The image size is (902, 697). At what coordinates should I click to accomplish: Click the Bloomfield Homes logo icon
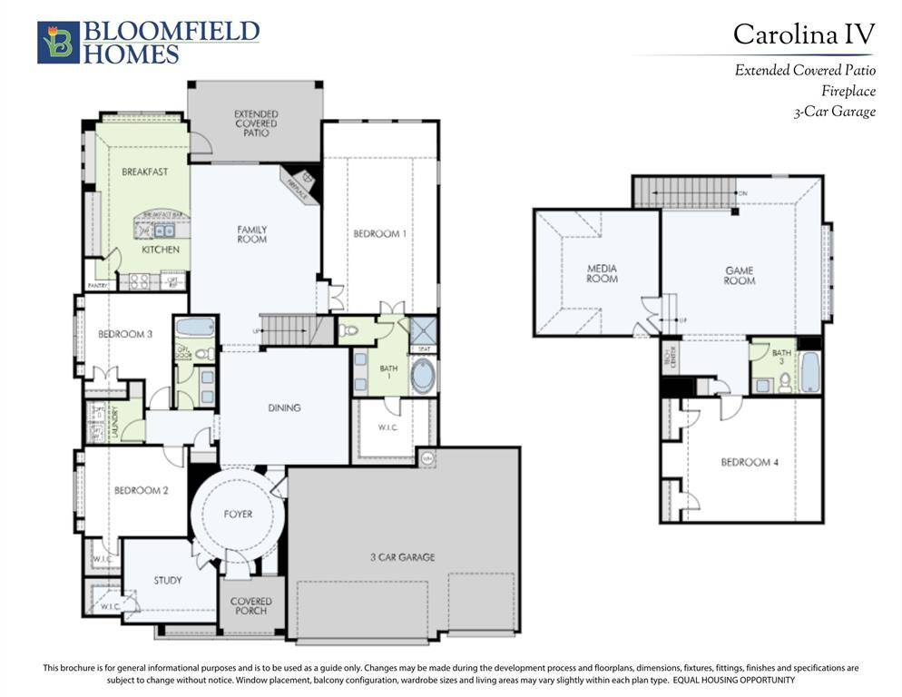tap(58, 43)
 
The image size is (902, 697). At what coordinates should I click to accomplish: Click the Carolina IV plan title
tap(803, 34)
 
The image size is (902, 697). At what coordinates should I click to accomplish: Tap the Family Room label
tap(251, 234)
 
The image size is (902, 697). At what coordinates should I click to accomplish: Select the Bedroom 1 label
tap(379, 234)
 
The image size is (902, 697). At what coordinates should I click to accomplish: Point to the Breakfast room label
tap(144, 172)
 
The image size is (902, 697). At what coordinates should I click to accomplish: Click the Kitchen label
tap(160, 250)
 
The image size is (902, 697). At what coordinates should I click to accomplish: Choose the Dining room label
tap(284, 408)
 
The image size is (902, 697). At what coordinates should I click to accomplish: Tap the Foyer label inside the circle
tap(239, 515)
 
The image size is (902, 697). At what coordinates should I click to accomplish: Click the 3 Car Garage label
tap(402, 557)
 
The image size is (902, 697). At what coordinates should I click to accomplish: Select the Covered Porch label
tap(250, 605)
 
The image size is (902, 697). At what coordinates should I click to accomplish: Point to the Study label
tap(167, 581)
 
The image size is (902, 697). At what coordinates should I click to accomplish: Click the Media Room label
tap(602, 273)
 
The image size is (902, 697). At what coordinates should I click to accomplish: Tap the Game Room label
tap(739, 276)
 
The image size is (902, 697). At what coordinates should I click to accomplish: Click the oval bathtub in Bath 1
tap(423, 376)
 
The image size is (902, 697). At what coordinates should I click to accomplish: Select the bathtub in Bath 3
tap(809, 372)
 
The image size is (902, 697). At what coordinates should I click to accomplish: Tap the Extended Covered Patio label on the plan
tap(256, 123)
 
